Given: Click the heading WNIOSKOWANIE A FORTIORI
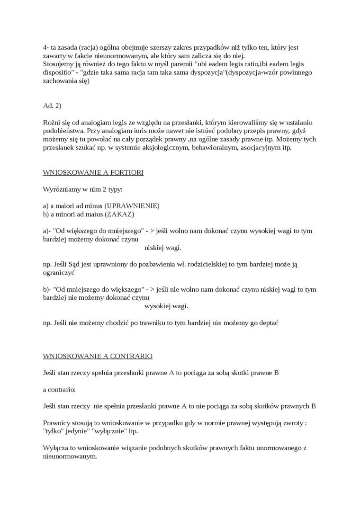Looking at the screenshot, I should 93,172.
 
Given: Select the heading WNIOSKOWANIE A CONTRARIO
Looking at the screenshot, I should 98,356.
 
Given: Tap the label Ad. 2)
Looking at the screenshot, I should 52,106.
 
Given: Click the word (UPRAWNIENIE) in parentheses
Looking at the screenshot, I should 132,206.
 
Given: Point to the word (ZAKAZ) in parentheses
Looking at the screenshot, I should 120,214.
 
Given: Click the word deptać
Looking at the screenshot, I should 267,322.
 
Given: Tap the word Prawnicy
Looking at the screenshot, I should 56,423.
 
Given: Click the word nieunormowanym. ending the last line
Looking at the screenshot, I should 70,456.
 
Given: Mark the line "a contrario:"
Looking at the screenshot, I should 59,389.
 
